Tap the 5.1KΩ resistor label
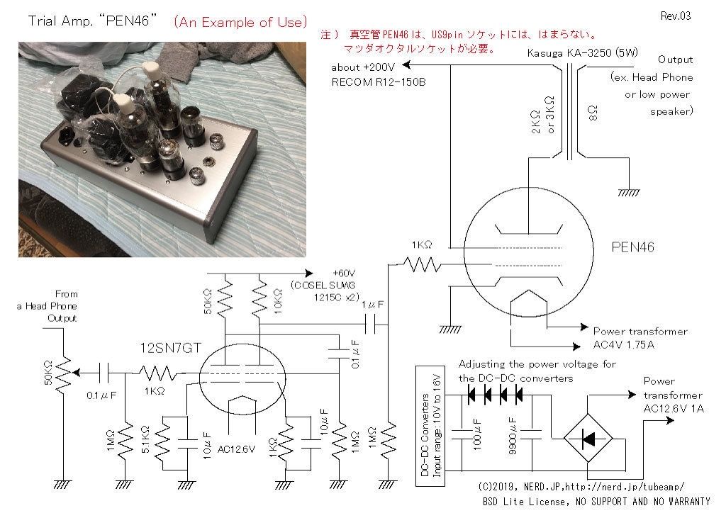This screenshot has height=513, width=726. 146,439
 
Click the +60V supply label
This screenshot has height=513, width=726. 345,273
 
